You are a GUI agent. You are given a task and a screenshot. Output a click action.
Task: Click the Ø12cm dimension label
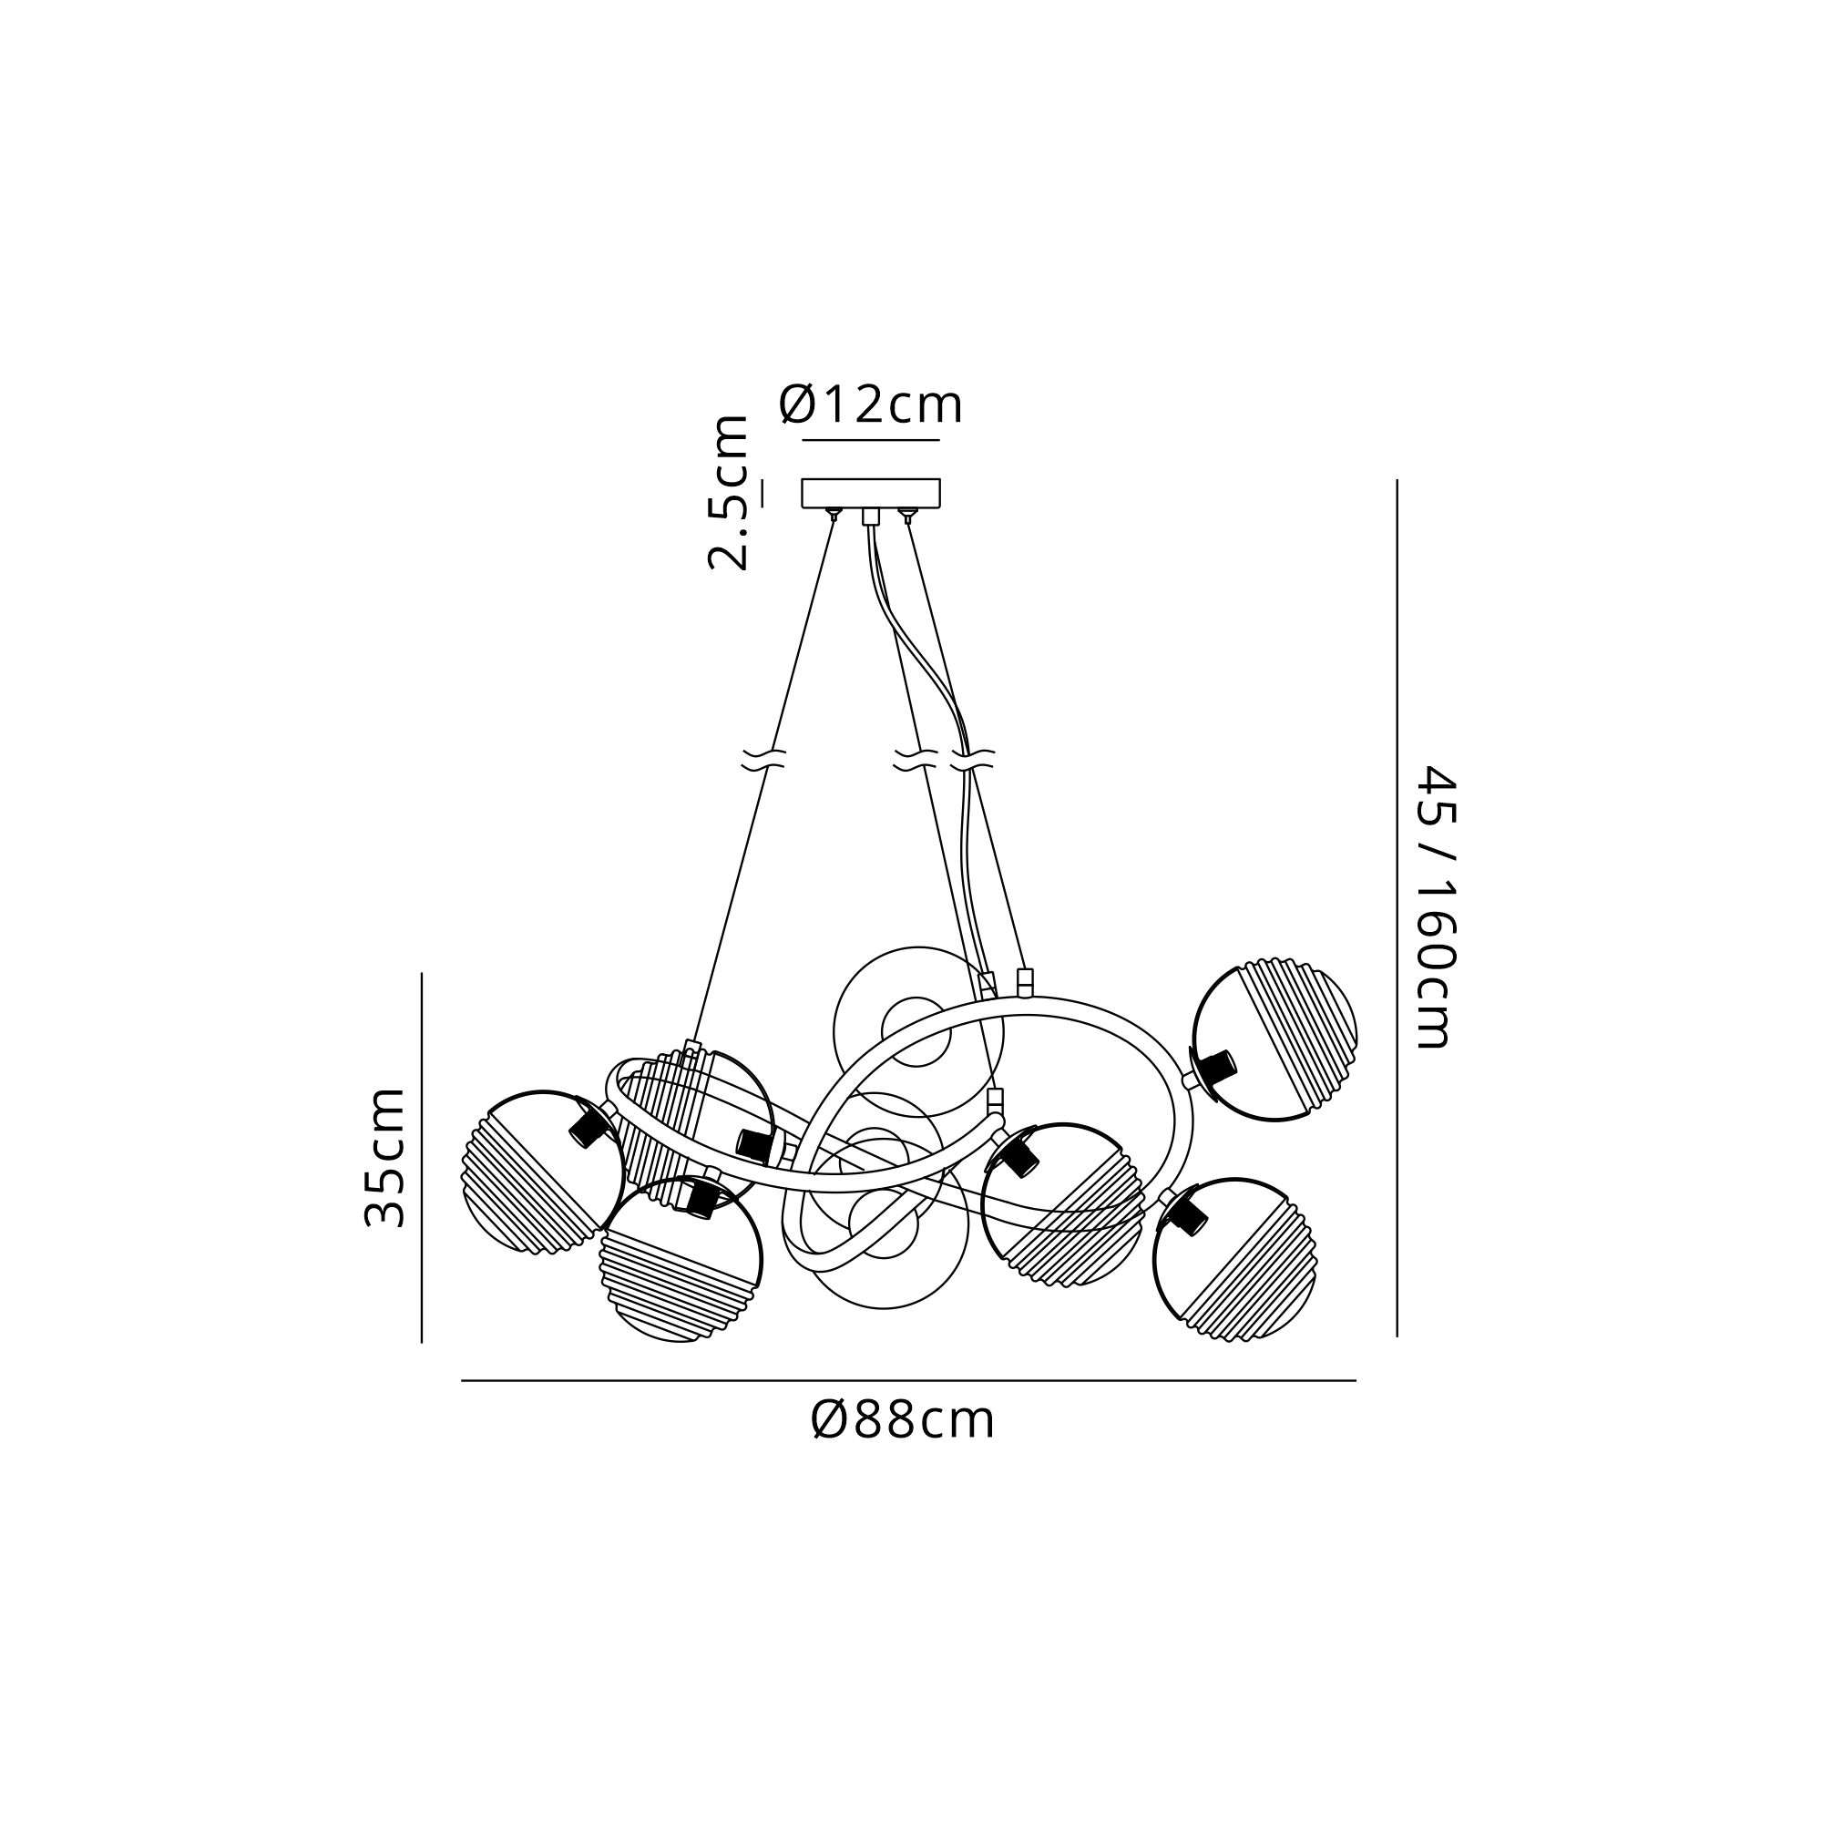[870, 405]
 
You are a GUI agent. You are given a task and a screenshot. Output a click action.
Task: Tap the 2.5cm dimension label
[729, 492]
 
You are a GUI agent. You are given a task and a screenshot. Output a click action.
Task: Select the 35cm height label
[384, 1157]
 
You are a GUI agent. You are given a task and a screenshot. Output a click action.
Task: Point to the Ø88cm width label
[903, 1419]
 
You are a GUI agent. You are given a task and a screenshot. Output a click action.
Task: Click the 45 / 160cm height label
[1438, 907]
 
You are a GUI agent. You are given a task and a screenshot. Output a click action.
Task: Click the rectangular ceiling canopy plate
[870, 493]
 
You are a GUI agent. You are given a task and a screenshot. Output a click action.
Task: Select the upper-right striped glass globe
[1275, 1041]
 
